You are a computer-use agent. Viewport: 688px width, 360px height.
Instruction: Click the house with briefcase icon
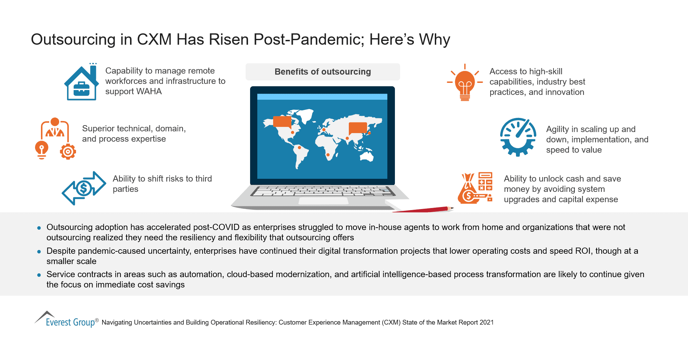81,83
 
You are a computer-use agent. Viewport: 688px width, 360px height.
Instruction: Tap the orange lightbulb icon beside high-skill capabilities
465,83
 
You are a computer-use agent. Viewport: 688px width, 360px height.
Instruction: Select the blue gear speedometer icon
518,137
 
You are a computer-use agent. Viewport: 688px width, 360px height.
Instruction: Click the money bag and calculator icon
475,188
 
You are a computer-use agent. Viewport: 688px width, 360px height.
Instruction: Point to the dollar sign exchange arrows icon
84,188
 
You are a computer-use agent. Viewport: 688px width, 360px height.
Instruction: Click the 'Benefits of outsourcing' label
323,72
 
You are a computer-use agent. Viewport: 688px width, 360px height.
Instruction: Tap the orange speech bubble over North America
282,122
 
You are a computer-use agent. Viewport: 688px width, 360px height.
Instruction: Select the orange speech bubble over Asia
358,128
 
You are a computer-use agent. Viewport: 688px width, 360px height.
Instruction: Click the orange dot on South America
299,148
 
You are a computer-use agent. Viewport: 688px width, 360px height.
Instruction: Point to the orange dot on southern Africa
328,155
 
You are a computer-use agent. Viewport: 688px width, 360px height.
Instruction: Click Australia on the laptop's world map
367,156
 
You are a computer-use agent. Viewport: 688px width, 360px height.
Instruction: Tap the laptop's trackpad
323,201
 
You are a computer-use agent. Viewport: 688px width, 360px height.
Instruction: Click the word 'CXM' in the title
154,40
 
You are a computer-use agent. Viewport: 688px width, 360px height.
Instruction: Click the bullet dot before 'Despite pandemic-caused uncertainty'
39,252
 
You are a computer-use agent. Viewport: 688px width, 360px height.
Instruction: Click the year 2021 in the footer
486,323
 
